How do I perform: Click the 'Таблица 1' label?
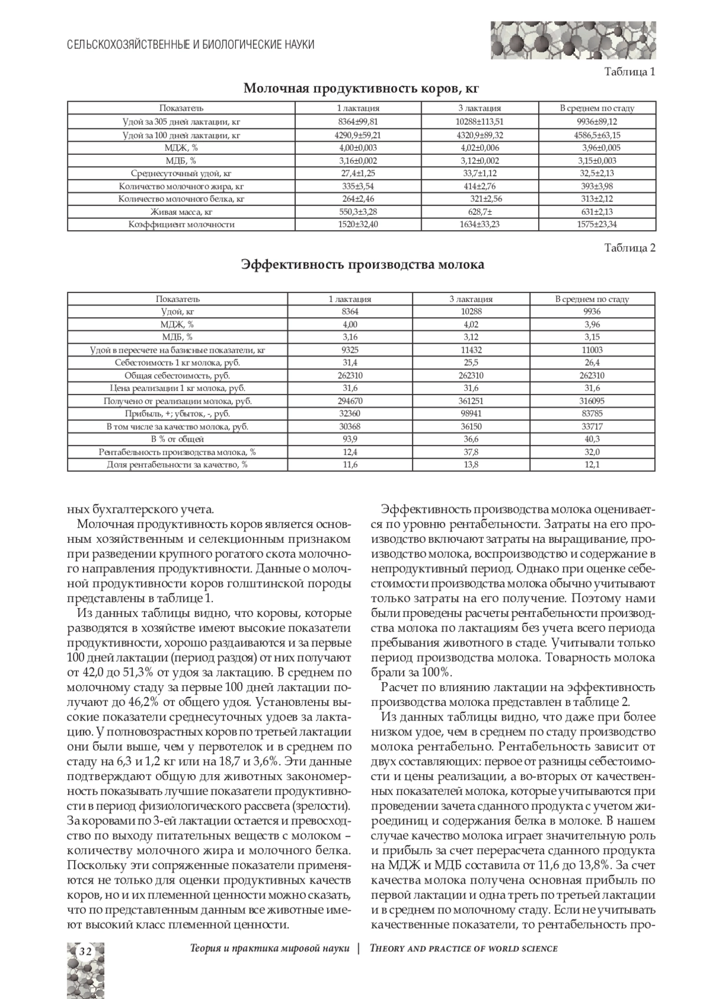[631, 72]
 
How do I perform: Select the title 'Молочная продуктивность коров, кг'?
[361, 89]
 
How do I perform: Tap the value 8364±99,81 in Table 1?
[358, 121]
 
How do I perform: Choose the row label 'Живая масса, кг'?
[181, 211]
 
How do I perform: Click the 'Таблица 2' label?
[630, 248]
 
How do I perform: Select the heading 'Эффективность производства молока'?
[362, 265]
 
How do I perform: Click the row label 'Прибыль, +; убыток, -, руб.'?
[177, 414]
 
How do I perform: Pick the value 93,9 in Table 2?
[349, 439]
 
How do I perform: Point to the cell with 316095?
[592, 401]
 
